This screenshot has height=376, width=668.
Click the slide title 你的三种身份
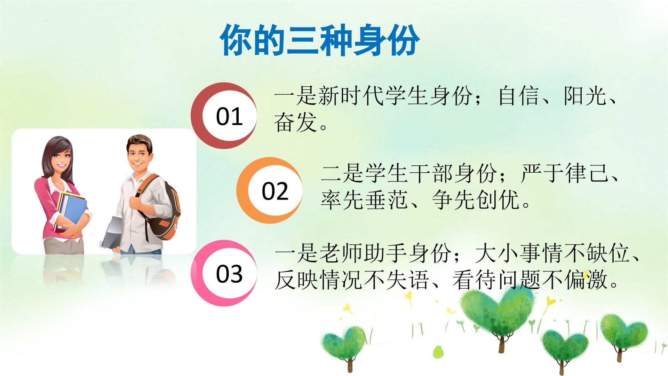tap(320, 40)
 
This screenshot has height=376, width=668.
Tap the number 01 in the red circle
tap(229, 117)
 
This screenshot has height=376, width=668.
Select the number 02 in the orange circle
tap(275, 191)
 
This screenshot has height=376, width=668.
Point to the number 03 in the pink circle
tap(229, 274)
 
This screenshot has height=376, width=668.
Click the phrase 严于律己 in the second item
tap(564, 173)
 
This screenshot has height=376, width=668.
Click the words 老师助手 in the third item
tap(362, 253)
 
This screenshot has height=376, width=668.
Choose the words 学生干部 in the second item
tap(408, 173)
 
